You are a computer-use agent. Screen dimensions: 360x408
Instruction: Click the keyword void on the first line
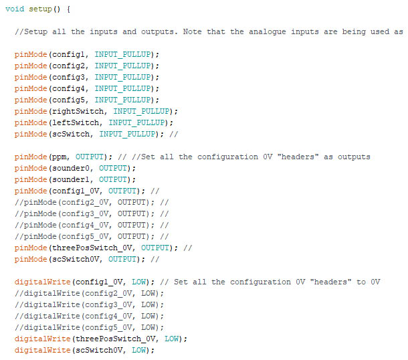pyautogui.click(x=15, y=9)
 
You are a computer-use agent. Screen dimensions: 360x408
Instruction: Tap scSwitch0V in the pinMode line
pyautogui.click(x=77, y=259)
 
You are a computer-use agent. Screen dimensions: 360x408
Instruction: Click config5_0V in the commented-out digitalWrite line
pyautogui.click(x=107, y=327)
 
